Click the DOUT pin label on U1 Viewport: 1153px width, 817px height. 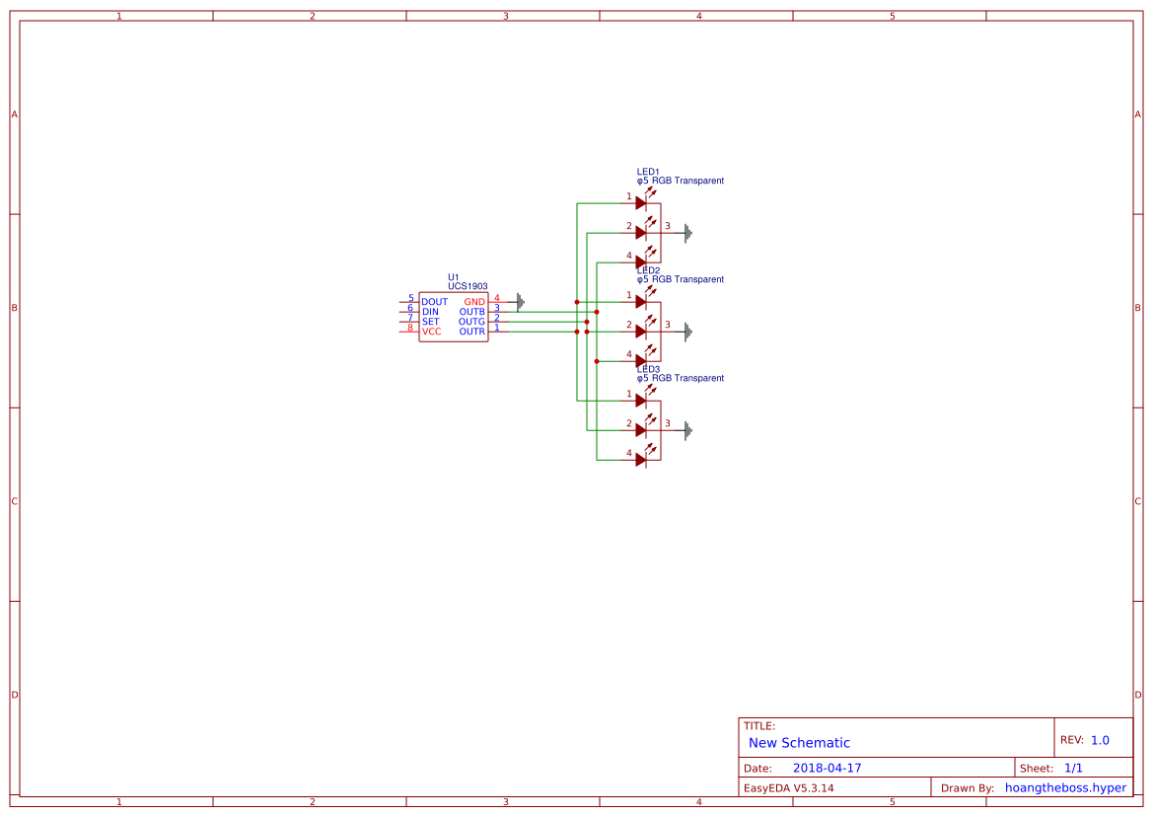pyautogui.click(x=434, y=302)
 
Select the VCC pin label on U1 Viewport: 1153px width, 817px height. pyautogui.click(x=431, y=332)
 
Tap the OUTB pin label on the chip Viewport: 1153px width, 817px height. pyautogui.click(x=471, y=312)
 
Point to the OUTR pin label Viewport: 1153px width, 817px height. pyautogui.click(x=471, y=332)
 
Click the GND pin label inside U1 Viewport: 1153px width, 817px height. pyautogui.click(x=474, y=302)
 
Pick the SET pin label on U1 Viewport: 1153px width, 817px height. pyautogui.click(x=431, y=322)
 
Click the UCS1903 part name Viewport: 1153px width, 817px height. pyautogui.click(x=468, y=286)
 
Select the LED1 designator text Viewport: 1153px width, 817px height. pyautogui.click(x=648, y=172)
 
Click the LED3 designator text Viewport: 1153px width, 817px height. pyautogui.click(x=648, y=369)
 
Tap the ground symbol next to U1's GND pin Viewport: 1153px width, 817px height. pyautogui.click(x=520, y=302)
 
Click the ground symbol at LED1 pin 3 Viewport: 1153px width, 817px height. pyautogui.click(x=688, y=233)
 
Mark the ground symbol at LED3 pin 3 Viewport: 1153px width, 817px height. pyautogui.click(x=688, y=430)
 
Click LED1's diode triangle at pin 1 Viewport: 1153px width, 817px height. pyautogui.click(x=641, y=203)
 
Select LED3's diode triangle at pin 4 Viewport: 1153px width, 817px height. pyautogui.click(x=641, y=460)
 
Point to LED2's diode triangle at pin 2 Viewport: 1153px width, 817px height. pyautogui.click(x=641, y=332)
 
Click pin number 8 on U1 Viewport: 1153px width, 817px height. pyautogui.click(x=410, y=328)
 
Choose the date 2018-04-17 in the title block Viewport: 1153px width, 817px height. pyautogui.click(x=827, y=768)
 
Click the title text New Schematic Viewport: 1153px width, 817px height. pyautogui.click(x=799, y=743)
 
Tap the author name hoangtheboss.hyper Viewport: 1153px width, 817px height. pyautogui.click(x=1065, y=787)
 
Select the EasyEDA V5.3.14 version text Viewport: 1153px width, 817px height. pyautogui.click(x=788, y=787)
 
